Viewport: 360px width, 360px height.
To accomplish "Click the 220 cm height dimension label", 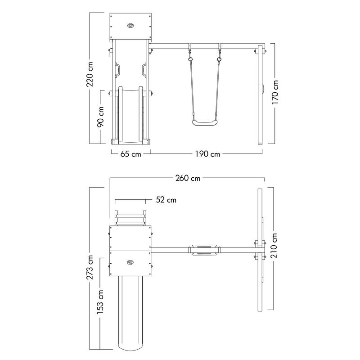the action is (x=90, y=74).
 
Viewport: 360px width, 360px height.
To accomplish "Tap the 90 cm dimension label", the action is (x=100, y=117).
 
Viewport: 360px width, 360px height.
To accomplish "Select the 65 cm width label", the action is (x=131, y=154).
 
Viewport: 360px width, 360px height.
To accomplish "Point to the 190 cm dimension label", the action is (x=207, y=154).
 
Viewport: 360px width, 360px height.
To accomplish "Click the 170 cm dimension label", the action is (x=275, y=92).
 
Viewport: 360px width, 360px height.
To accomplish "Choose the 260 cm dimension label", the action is (x=188, y=178).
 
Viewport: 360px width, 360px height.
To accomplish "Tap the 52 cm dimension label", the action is (x=166, y=200).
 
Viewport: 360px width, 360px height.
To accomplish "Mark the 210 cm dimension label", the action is (x=274, y=245).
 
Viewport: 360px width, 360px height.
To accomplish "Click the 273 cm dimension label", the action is (x=90, y=267).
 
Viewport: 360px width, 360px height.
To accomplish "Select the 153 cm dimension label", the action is (x=100, y=302).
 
